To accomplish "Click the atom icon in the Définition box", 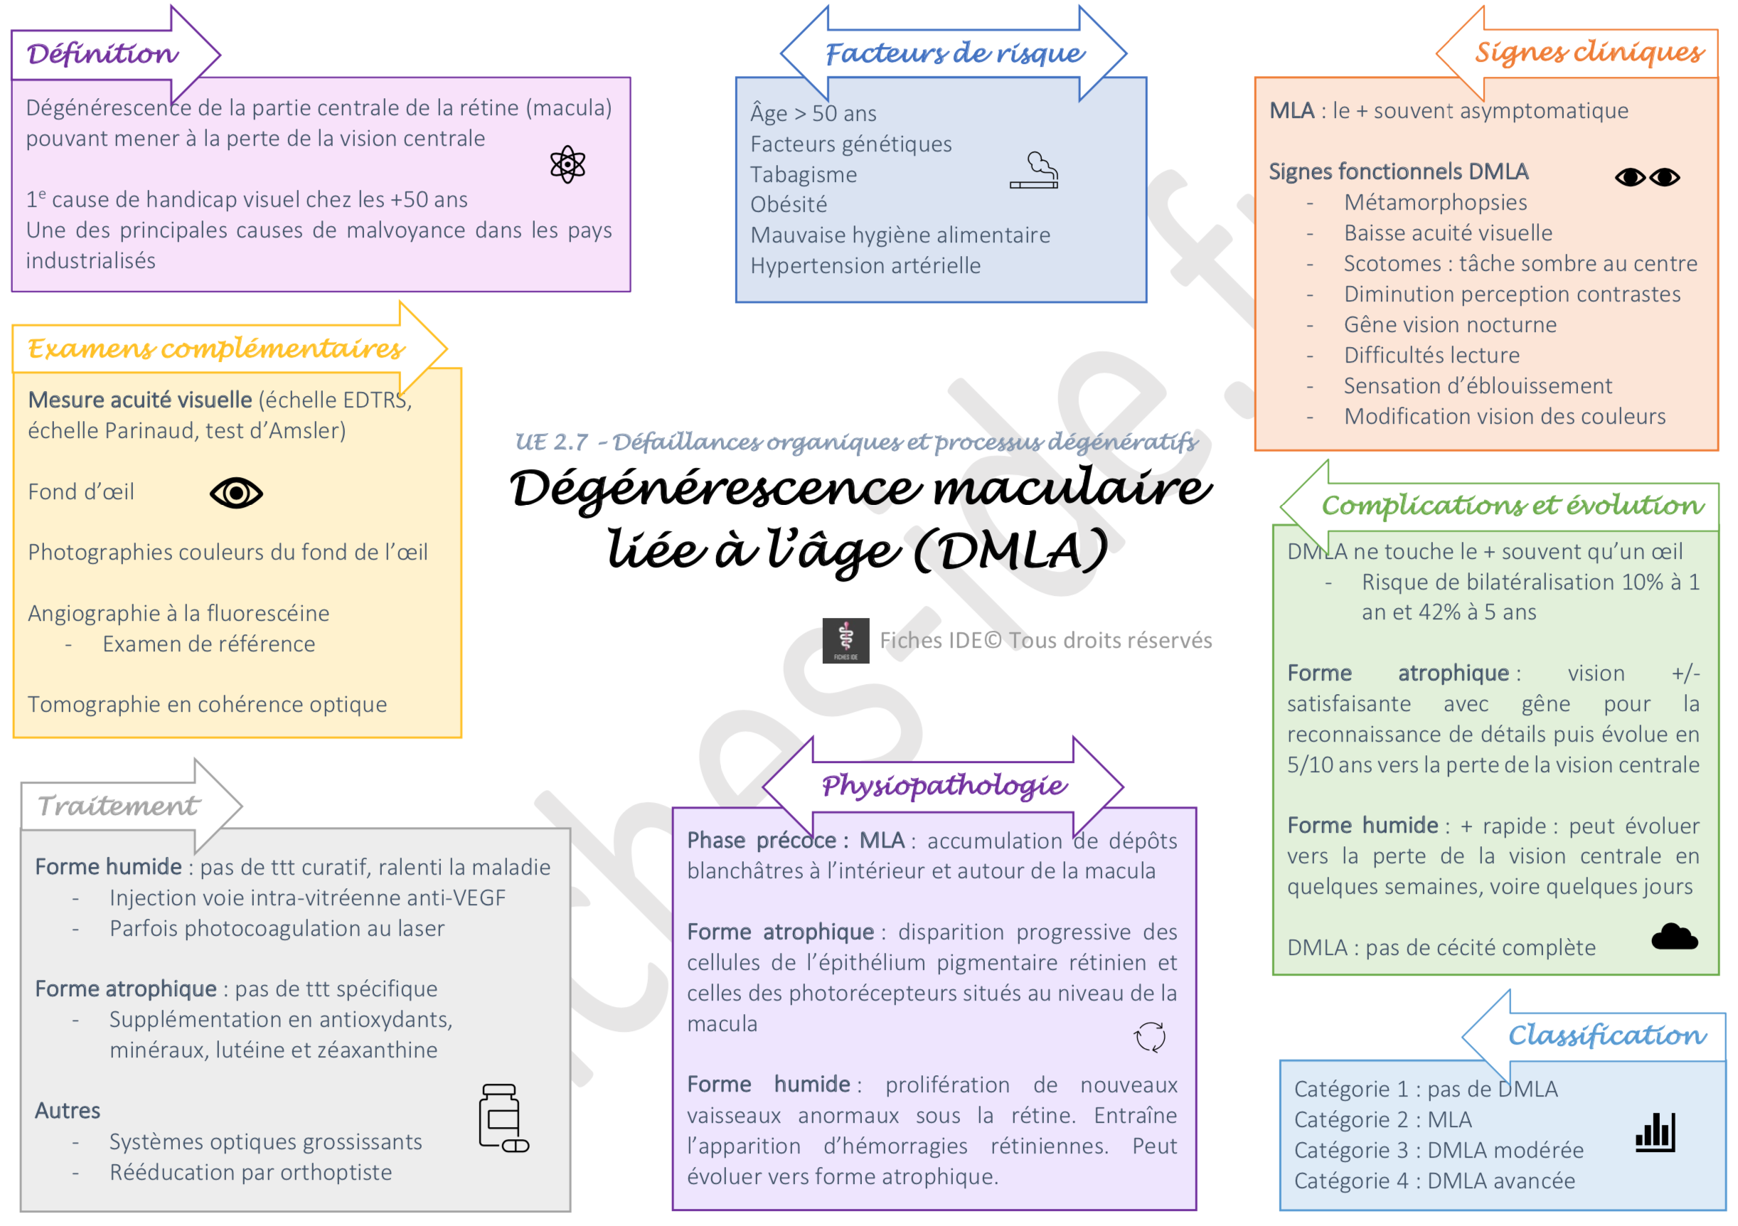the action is click(567, 164).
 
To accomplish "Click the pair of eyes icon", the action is click(1647, 177).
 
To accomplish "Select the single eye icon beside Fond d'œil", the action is click(236, 494).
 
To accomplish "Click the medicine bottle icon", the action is click(503, 1119).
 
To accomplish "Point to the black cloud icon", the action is click(1675, 937).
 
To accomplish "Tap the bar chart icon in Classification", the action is click(1656, 1132).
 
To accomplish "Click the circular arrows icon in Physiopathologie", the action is click(1150, 1037).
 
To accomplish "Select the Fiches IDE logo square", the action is click(846, 641).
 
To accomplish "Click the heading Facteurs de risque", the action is click(954, 54).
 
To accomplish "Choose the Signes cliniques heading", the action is click(1589, 52).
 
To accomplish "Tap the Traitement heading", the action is click(119, 806).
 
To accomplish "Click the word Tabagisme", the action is click(804, 175).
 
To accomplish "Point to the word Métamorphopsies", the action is click(1435, 203).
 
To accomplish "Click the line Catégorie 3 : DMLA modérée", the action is click(1438, 1151).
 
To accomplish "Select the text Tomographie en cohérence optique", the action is click(208, 705).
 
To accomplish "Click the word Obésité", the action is click(789, 204).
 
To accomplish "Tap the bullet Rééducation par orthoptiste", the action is click(250, 1172).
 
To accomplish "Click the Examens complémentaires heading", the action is click(216, 349).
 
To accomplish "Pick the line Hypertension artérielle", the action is click(865, 266).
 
